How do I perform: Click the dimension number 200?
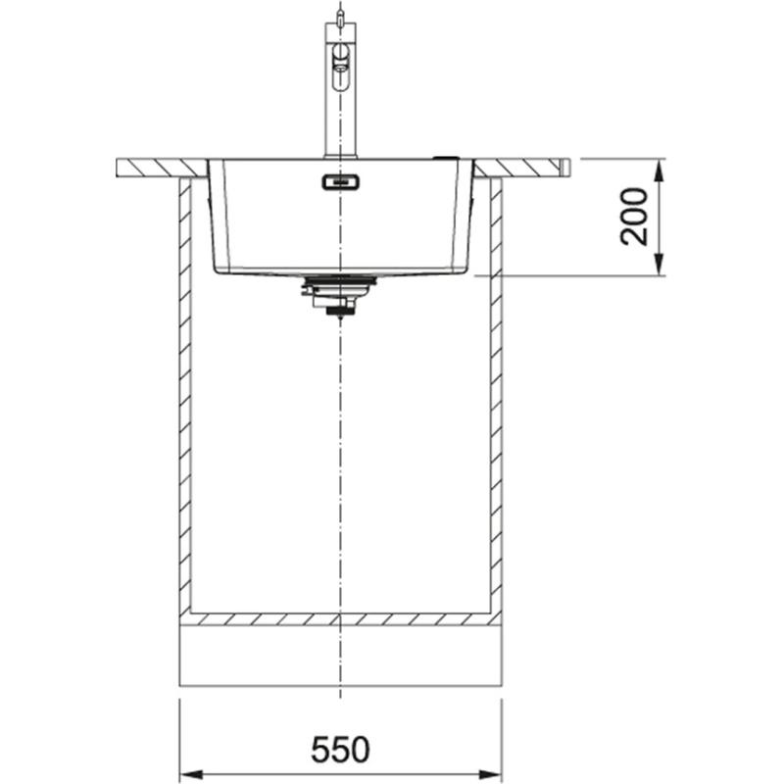pos(635,216)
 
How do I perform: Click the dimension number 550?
pos(340,751)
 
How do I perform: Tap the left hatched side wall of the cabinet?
pos(183,392)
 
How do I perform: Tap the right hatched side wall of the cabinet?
pos(496,392)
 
